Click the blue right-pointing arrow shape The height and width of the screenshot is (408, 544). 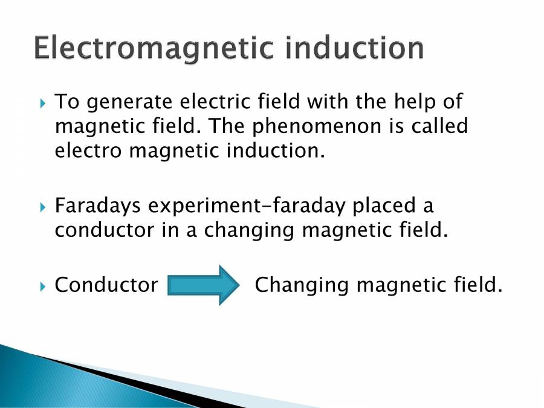(x=204, y=285)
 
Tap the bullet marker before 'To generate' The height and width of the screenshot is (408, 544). (x=42, y=103)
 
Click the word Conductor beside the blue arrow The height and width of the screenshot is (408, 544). (x=106, y=285)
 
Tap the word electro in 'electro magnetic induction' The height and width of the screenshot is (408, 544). (x=88, y=151)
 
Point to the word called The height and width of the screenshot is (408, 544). (x=436, y=126)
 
